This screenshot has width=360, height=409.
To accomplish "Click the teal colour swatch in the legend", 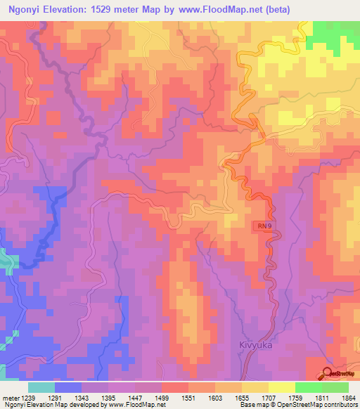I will click(41, 387).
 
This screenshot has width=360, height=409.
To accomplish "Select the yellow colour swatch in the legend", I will click(282, 387).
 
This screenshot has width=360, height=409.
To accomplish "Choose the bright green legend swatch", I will click(309, 387).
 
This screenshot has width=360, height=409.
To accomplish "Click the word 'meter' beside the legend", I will click(12, 397).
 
